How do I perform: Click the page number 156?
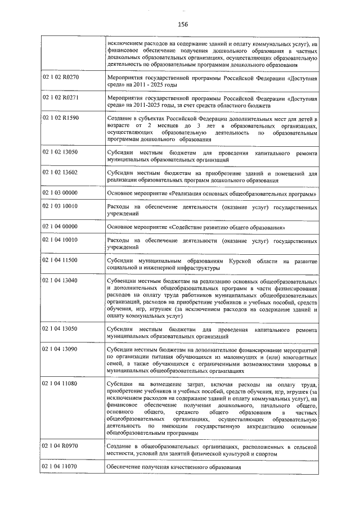[183, 24]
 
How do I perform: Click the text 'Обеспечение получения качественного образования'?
[173, 467]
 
